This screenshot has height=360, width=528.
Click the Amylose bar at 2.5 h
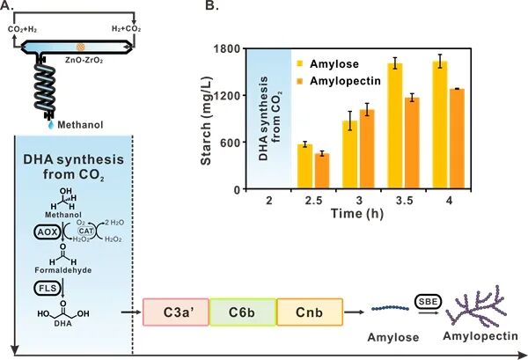[x=305, y=166]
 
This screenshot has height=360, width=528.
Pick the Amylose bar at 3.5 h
[x=395, y=127]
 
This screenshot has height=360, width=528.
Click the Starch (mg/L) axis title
[x=207, y=118]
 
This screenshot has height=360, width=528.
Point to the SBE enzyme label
[x=426, y=300]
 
